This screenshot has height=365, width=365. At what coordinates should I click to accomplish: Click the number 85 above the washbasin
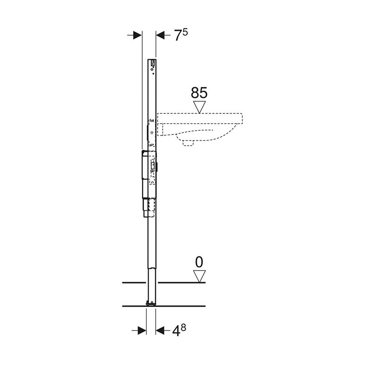(199, 93)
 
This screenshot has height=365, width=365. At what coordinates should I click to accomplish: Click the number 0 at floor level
(199, 262)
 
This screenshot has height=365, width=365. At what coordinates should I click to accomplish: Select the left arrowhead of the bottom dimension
(141, 330)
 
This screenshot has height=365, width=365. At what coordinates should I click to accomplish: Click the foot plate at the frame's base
(150, 304)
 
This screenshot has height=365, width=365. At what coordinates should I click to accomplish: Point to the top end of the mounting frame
(152, 60)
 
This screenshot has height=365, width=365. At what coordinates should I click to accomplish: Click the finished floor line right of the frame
(180, 283)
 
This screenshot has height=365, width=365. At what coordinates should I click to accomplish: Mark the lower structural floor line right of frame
(180, 306)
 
